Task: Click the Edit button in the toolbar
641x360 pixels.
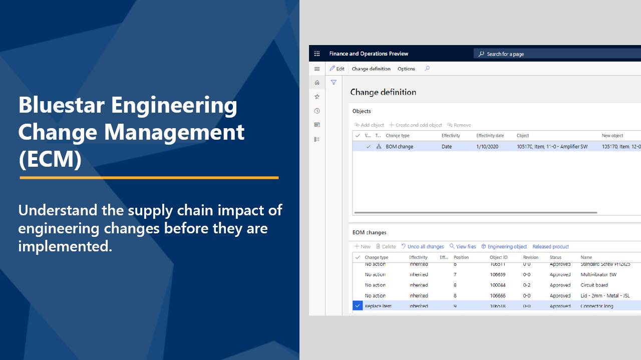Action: pyautogui.click(x=337, y=69)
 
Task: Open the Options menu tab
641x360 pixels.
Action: pyautogui.click(x=406, y=69)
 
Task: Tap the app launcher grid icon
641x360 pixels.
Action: pyautogui.click(x=317, y=54)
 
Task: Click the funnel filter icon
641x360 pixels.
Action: pyautogui.click(x=334, y=83)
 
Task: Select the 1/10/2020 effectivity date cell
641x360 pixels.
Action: pyautogui.click(x=487, y=147)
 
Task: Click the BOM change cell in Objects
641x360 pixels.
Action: pyautogui.click(x=399, y=147)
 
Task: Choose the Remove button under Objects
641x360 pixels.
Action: pyautogui.click(x=459, y=125)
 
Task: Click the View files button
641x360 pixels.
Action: pyautogui.click(x=463, y=246)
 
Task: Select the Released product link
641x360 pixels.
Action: pyautogui.click(x=550, y=246)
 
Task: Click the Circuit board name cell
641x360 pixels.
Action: pyautogui.click(x=594, y=285)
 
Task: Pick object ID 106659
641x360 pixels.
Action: pyautogui.click(x=498, y=274)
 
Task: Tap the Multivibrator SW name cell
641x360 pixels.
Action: pyautogui.click(x=598, y=274)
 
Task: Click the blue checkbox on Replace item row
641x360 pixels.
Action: pyautogui.click(x=358, y=306)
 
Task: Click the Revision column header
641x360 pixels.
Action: pyautogui.click(x=531, y=257)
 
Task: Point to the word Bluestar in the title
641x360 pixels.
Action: pyautogui.click(x=62, y=105)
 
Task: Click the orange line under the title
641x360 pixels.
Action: pyautogui.click(x=149, y=177)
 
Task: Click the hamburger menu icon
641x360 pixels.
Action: pyautogui.click(x=317, y=69)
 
